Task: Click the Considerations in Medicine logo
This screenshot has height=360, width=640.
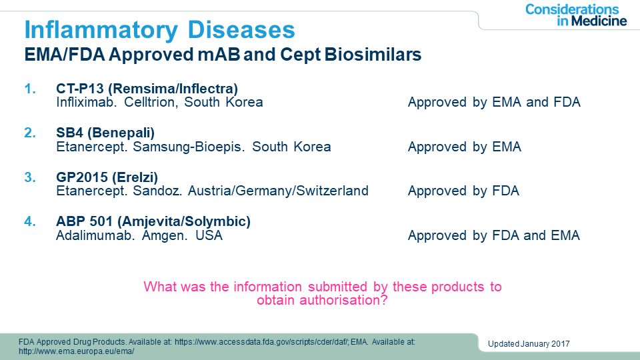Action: click(x=576, y=15)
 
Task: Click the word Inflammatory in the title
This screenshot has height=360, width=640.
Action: click(x=101, y=30)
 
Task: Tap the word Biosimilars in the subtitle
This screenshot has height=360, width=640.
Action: click(x=373, y=54)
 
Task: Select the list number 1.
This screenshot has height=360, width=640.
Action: click(x=30, y=89)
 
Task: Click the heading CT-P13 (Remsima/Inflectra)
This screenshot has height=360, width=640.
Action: click(x=147, y=89)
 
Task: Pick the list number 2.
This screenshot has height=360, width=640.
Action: click(x=30, y=133)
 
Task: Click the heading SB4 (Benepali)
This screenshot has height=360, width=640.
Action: click(x=105, y=133)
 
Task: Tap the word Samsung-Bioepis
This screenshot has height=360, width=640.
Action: click(x=189, y=147)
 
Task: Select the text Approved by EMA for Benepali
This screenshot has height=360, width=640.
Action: click(x=465, y=147)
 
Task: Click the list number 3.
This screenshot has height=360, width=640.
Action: click(x=30, y=177)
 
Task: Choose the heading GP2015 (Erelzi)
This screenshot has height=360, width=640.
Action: click(x=107, y=177)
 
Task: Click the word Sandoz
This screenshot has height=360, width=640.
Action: click(x=157, y=191)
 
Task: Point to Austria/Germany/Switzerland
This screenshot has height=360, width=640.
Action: click(x=278, y=191)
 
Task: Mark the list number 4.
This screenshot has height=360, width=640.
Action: click(x=30, y=221)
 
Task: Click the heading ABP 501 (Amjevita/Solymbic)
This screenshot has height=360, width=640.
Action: click(x=153, y=221)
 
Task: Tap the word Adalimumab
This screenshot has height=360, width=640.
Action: click(x=95, y=235)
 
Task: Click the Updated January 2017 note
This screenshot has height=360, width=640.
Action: click(x=529, y=344)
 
